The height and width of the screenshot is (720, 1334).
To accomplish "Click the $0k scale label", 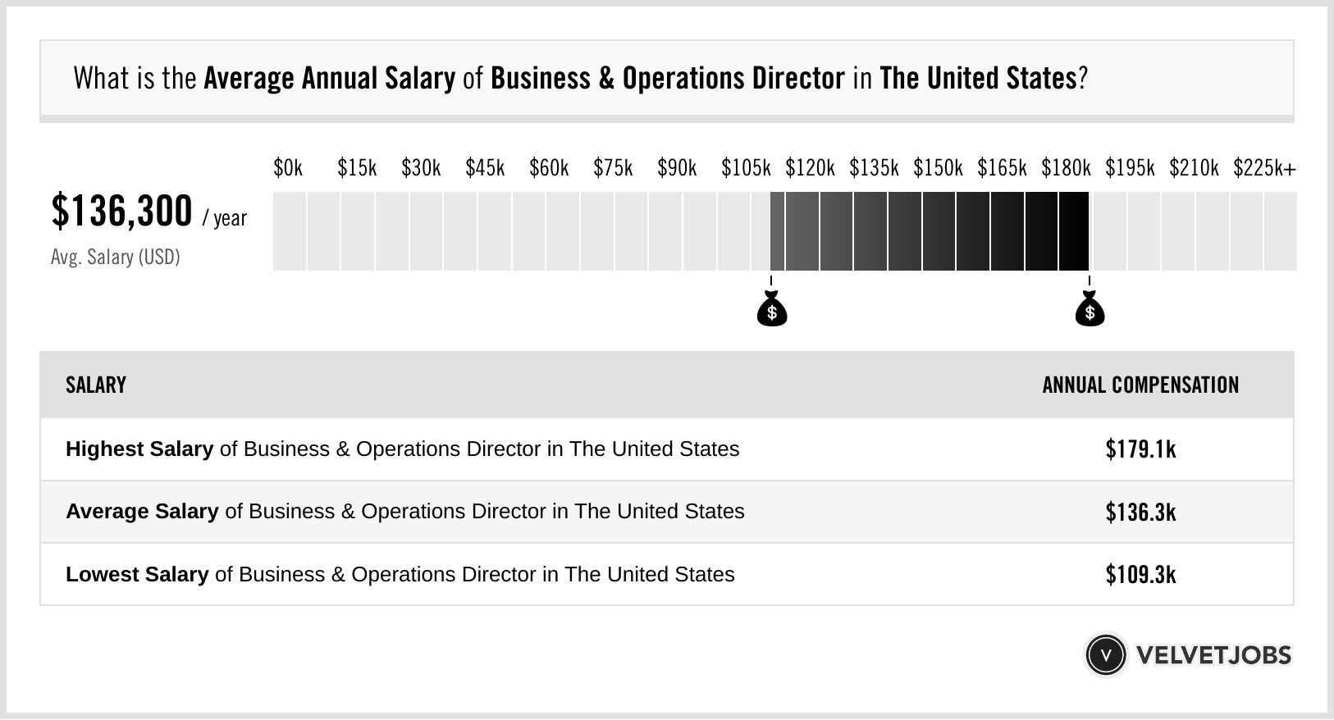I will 288,168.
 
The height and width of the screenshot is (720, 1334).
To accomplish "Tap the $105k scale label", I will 746,168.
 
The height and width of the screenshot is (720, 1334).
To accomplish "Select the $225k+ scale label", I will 1264,168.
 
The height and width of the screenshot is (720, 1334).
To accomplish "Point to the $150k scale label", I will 938,168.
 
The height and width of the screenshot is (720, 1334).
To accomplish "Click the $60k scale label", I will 549,168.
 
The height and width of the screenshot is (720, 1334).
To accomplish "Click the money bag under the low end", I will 771,310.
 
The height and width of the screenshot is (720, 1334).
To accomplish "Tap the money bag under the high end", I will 1090,310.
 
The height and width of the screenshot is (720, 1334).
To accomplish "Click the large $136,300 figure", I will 121,212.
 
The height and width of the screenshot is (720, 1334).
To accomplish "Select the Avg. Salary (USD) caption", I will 115,257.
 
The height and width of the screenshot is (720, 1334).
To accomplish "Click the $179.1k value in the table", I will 1140,449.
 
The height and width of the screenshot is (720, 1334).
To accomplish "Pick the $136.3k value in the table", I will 1140,513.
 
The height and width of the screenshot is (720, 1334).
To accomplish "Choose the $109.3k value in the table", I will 1140,575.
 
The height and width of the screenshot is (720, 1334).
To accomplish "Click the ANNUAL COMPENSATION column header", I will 1140,385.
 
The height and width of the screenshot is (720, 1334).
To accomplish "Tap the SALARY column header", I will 96,385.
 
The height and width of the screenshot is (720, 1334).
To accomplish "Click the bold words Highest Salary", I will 139,449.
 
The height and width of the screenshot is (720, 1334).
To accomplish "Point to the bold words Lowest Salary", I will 137,575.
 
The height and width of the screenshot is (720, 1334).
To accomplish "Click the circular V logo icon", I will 1105,655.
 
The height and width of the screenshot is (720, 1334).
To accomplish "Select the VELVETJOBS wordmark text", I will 1213,655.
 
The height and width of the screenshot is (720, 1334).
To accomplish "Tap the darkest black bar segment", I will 1073,231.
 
